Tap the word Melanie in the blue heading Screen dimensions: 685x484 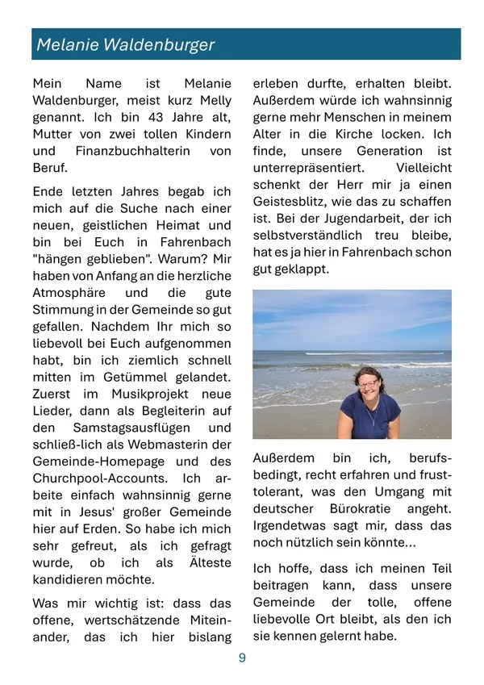(x=68, y=45)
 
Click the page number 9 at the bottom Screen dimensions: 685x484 (x=242, y=658)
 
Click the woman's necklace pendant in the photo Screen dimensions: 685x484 (x=372, y=418)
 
